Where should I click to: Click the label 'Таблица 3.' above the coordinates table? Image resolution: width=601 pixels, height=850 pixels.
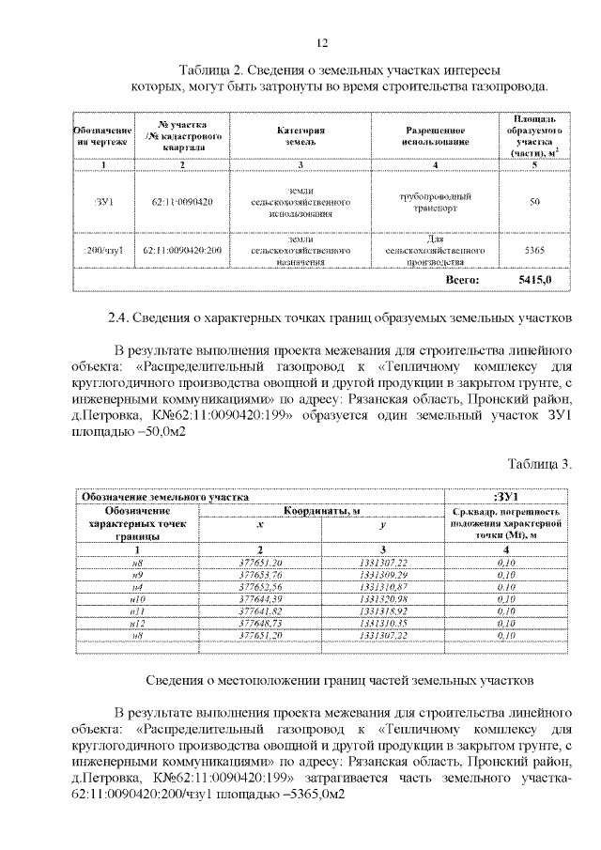[540, 464]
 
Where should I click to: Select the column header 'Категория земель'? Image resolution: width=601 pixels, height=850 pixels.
[300, 133]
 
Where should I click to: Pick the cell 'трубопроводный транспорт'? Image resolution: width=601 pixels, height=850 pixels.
[436, 202]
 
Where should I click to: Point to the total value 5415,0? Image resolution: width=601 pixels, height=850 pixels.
[534, 280]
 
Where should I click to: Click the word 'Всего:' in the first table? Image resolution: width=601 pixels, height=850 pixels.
[462, 280]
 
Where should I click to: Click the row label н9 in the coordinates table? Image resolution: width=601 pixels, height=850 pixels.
[136, 573]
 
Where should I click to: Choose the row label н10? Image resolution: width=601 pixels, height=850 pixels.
[136, 597]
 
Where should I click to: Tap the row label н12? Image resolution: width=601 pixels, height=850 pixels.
[136, 622]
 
